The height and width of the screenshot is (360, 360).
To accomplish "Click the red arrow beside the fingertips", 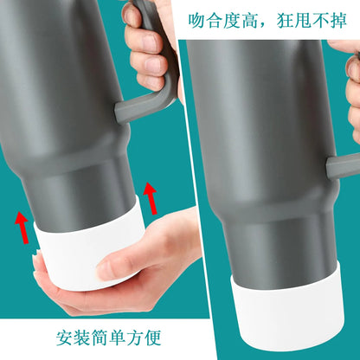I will [151, 198].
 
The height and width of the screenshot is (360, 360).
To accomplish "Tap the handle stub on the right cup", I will [341, 165].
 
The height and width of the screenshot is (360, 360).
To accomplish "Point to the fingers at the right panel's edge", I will [352, 95].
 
